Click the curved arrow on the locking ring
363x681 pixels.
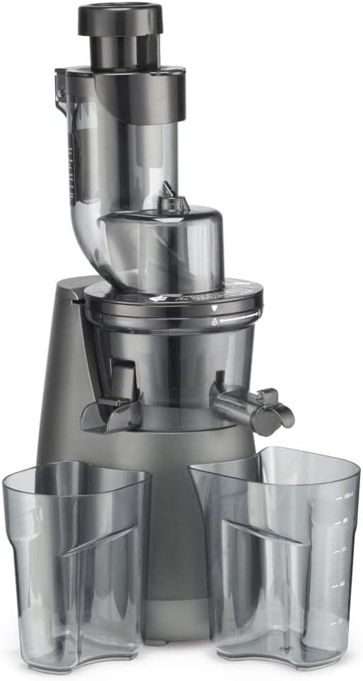236,320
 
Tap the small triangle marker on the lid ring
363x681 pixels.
214,309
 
